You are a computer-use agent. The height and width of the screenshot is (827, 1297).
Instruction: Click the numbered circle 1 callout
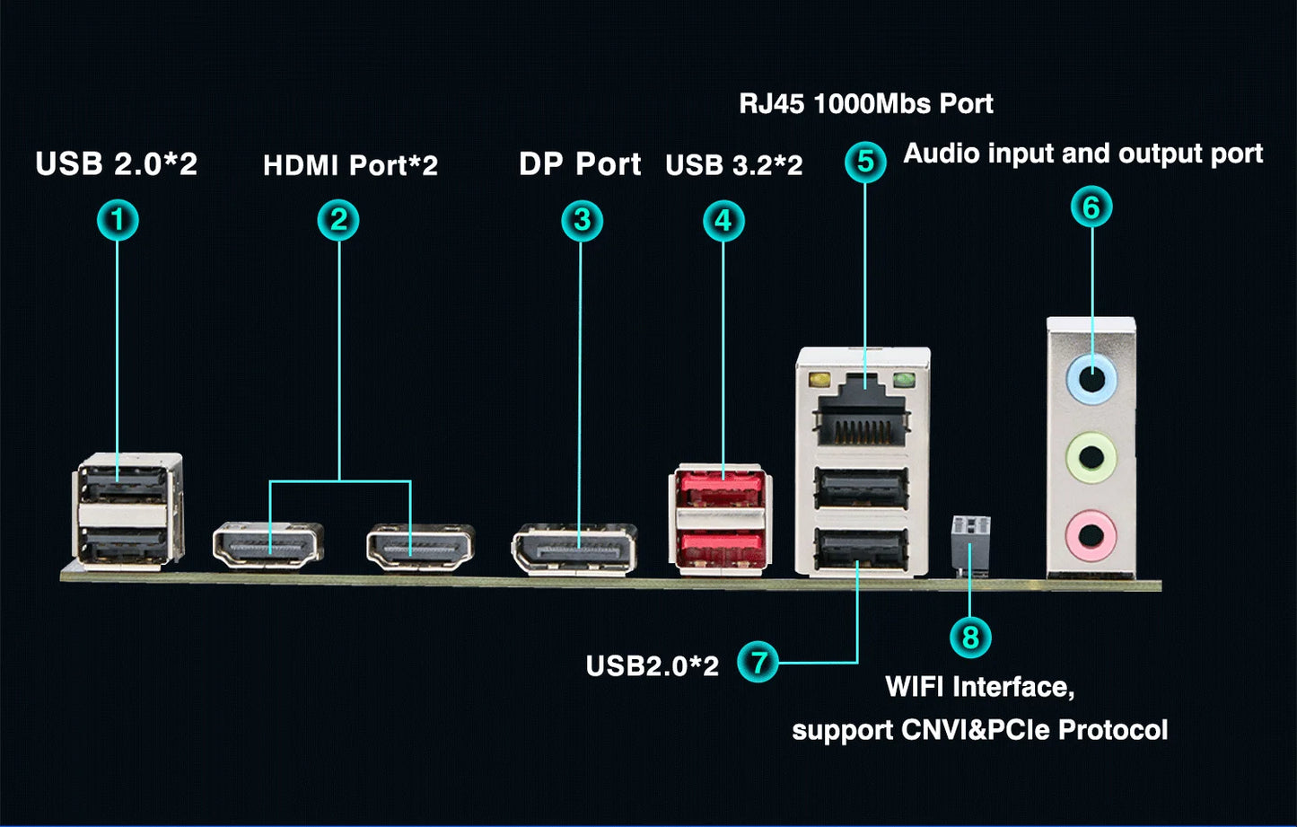tap(118, 220)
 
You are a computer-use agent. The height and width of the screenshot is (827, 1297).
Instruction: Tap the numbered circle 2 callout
tap(338, 220)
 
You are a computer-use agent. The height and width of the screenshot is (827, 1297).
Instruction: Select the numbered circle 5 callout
tap(865, 162)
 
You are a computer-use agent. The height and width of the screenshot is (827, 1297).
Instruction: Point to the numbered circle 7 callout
tap(758, 663)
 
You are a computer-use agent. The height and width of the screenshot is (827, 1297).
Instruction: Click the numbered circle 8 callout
tap(970, 638)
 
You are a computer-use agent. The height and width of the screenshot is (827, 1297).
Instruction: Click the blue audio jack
tap(1091, 377)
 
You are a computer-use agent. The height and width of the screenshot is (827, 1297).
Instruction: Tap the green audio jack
tap(1091, 456)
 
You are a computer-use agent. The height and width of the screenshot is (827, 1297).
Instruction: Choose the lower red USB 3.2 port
tap(720, 545)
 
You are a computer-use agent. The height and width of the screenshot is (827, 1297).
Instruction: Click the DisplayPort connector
tap(574, 548)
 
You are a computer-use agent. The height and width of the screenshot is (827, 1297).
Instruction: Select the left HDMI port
tap(267, 545)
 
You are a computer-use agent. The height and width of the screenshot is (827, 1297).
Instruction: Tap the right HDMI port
tap(419, 545)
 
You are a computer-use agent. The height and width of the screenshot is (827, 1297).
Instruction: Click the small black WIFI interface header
tap(970, 542)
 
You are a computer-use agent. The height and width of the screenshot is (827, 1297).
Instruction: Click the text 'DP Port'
tap(580, 164)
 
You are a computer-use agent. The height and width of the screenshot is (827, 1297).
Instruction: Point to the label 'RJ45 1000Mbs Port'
tap(865, 103)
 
